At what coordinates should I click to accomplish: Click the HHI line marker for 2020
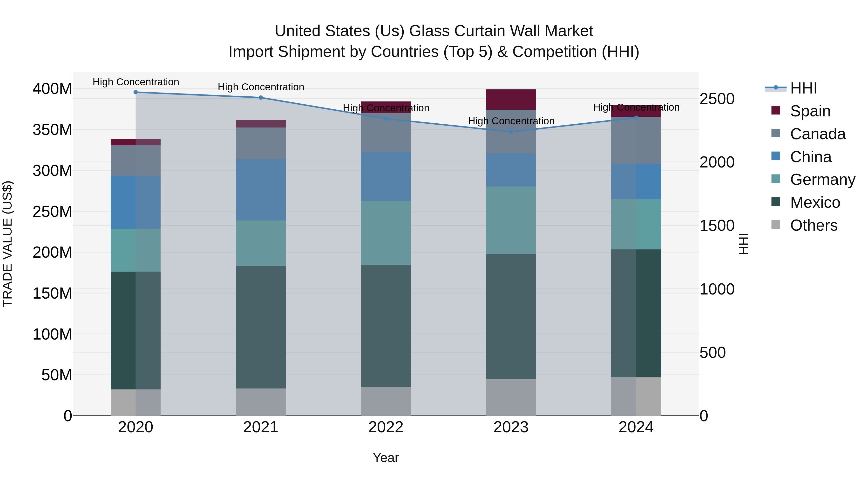point(136,92)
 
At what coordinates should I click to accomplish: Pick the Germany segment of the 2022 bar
point(386,233)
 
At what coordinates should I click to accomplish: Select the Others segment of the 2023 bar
point(511,397)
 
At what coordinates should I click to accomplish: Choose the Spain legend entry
point(810,111)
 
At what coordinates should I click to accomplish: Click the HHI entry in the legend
point(803,88)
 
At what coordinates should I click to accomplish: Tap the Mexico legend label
point(815,202)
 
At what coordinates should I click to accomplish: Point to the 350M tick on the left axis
point(52,130)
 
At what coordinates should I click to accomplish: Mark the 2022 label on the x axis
point(386,427)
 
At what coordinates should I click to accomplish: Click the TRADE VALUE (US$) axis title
point(7,244)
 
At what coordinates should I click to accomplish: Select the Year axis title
point(386,458)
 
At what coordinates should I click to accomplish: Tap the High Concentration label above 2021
point(261,87)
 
